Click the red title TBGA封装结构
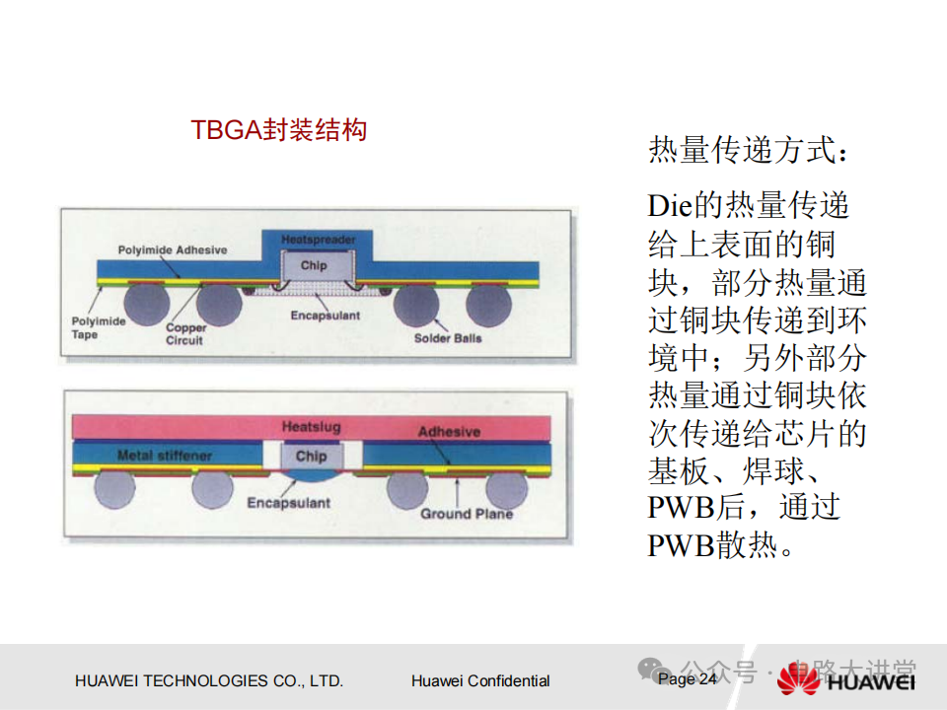point(278,130)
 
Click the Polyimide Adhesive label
point(172,250)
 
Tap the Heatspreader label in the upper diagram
point(318,240)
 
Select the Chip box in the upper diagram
point(314,265)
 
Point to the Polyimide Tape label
point(99,327)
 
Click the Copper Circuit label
point(184,334)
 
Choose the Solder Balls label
point(448,338)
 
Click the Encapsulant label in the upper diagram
point(326,316)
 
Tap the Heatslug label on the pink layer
point(312,427)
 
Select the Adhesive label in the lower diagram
point(449,432)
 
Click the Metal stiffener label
point(163,456)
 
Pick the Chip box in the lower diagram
point(311,456)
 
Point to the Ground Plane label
point(467,514)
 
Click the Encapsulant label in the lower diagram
point(288,503)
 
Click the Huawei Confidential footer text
point(480,680)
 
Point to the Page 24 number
point(688,679)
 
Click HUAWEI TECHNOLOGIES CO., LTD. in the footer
point(209,680)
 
